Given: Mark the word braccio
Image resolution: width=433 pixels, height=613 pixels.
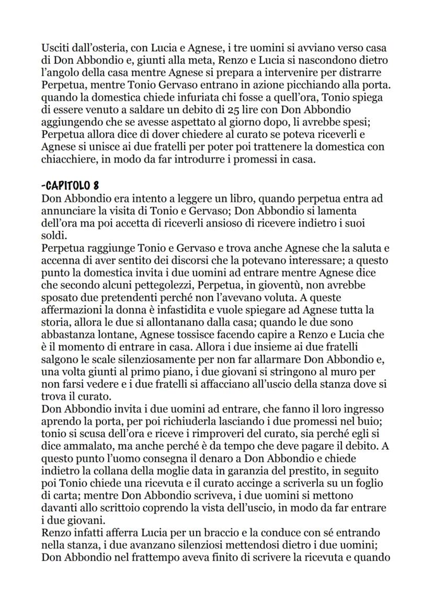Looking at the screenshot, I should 207,532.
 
